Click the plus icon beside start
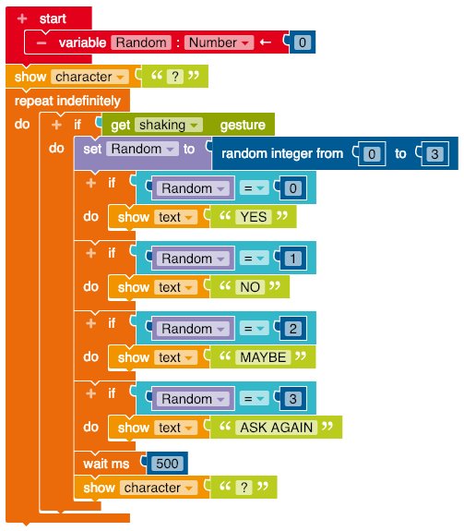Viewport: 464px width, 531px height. (22, 18)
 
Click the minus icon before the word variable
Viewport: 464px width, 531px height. (42, 42)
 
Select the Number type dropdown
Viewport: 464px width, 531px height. (219, 42)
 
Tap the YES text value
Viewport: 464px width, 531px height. (254, 217)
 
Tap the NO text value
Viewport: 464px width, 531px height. (250, 287)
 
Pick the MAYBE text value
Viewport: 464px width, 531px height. (263, 357)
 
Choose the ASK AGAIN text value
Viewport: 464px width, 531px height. (277, 428)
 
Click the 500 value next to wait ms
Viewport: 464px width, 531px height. (167, 464)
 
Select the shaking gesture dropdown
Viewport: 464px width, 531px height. (169, 125)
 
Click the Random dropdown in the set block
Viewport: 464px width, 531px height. (142, 149)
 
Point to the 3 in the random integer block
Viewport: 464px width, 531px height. (434, 154)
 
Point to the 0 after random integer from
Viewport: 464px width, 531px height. (372, 154)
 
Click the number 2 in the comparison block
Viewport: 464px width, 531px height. (292, 329)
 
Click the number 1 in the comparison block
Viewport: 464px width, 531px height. (292, 259)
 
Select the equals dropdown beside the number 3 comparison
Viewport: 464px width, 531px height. (255, 399)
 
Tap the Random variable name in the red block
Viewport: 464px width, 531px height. (141, 42)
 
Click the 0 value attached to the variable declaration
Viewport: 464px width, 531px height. (303, 42)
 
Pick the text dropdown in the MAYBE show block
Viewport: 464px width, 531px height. (176, 357)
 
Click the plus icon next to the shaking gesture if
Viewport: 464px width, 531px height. (56, 125)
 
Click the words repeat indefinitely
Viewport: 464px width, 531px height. (67, 101)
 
